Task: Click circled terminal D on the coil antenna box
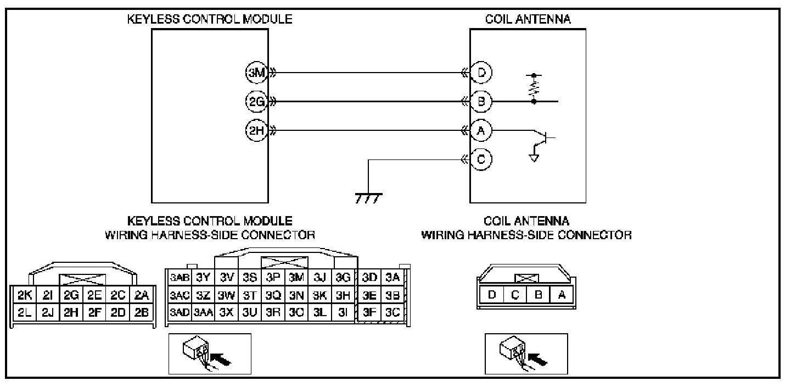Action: click(x=481, y=72)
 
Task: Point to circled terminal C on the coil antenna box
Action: click(x=481, y=159)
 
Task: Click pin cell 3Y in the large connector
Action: click(x=203, y=278)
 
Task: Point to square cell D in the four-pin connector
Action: click(x=492, y=294)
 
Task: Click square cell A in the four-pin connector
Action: click(x=561, y=294)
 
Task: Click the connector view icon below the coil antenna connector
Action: click(x=526, y=354)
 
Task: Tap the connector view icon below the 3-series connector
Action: click(x=209, y=354)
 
